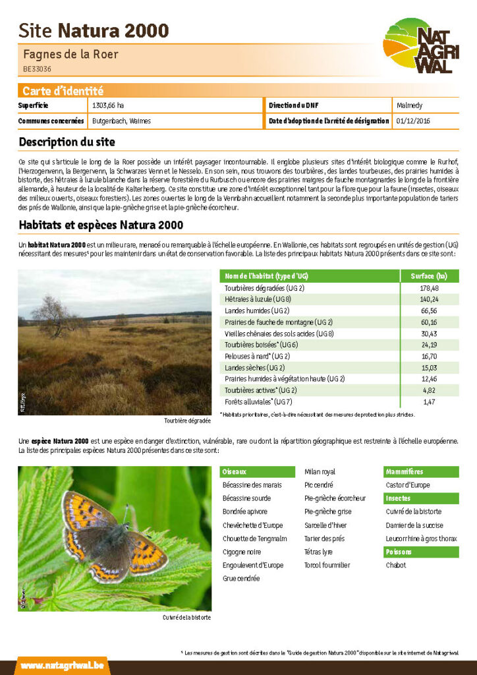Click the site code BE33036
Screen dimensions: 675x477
click(37, 69)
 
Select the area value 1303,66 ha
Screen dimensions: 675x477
click(107, 105)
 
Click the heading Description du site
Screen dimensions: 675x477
click(67, 142)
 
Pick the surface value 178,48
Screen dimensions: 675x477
click(429, 288)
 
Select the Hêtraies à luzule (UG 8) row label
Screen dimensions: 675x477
click(258, 299)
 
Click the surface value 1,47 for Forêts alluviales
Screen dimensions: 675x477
click(429, 401)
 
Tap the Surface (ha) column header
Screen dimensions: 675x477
click(429, 276)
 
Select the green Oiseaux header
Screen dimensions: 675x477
click(257, 472)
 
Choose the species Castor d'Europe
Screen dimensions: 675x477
click(408, 485)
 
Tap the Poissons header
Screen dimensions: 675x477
click(421, 552)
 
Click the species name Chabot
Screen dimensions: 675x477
click(396, 565)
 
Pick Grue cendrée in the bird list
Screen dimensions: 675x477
click(241, 578)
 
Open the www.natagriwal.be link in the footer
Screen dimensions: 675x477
click(61, 666)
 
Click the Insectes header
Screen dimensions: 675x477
click(421, 498)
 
